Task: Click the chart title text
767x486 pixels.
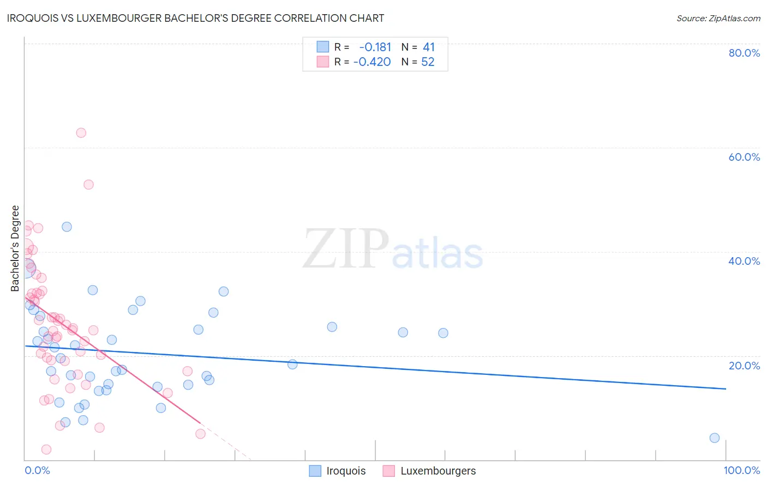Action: tap(195, 18)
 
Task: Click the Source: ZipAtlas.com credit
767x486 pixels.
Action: tap(718, 18)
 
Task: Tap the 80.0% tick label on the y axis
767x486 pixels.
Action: tap(744, 53)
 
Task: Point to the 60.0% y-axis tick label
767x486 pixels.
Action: tap(744, 157)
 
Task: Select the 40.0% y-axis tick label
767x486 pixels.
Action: tap(744, 261)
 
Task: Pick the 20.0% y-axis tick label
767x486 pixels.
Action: tap(744, 366)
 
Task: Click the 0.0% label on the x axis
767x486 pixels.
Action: tap(37, 470)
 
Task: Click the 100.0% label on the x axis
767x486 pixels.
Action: tap(741, 470)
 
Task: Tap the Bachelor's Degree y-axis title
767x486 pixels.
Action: tap(15, 248)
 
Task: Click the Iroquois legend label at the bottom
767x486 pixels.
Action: tap(346, 471)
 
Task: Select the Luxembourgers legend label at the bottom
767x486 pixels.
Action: tap(438, 471)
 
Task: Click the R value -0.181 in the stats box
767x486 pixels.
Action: tap(375, 47)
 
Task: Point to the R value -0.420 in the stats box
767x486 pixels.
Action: tap(372, 62)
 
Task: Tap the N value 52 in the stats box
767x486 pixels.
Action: tap(428, 62)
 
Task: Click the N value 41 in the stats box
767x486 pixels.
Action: tap(428, 47)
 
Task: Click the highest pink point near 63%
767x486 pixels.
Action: tap(81, 133)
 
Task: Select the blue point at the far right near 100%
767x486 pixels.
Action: tap(715, 438)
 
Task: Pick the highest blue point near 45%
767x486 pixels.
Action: tap(67, 227)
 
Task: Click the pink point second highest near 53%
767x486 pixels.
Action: tap(88, 185)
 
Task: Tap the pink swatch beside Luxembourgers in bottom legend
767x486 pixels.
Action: tap(388, 471)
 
